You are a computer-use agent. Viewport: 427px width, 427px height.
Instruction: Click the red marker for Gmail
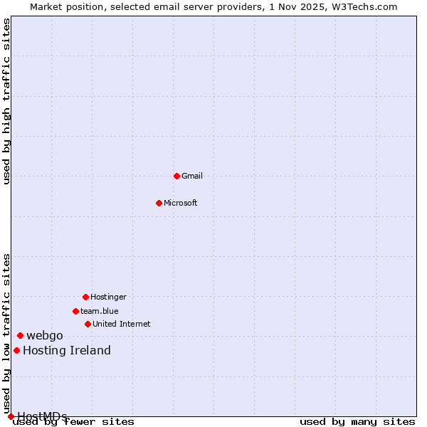176,176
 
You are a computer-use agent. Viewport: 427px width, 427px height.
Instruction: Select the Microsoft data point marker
159,203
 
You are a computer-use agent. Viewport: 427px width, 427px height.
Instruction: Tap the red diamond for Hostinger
85,297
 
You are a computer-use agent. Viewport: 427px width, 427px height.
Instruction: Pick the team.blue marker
75,311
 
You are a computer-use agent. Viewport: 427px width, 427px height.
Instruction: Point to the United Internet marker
88,324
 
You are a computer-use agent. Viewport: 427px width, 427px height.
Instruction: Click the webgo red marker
20,335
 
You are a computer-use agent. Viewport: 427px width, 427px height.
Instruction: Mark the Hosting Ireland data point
16,350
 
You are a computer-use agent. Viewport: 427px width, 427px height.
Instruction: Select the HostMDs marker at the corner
11,416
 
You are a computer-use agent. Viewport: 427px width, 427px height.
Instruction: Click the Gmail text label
192,176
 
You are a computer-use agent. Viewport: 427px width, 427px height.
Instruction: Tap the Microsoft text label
181,203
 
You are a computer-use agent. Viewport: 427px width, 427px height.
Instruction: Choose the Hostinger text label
108,297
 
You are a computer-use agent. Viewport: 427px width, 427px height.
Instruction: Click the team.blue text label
100,311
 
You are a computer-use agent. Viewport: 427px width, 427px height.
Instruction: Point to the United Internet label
122,324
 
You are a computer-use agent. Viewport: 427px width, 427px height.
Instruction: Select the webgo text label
45,335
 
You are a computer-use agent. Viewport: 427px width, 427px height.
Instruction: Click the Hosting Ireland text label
67,350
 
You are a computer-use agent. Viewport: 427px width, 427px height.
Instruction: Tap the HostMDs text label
43,416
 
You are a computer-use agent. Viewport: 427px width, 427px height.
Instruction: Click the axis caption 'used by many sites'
357,422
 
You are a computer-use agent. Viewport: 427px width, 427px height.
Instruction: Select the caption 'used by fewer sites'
74,422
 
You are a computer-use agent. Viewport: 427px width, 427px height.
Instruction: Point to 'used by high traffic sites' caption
6,101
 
